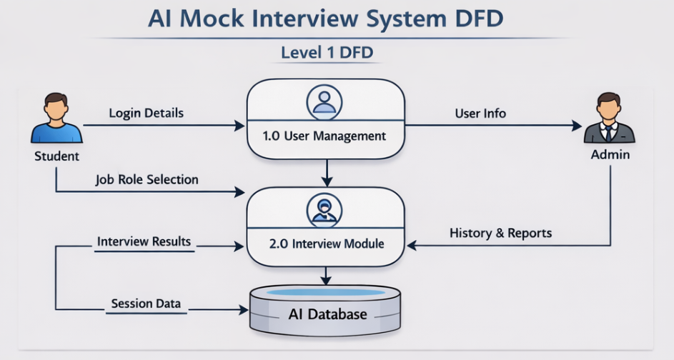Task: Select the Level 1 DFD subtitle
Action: tap(327, 53)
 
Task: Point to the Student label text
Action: tap(56, 156)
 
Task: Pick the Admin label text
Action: tap(610, 154)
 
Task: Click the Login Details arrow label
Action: tap(146, 113)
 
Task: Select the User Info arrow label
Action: tap(480, 113)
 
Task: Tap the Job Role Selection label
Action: tap(147, 179)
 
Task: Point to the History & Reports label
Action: tap(500, 233)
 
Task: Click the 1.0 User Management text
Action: tap(325, 136)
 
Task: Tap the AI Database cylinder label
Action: tap(328, 314)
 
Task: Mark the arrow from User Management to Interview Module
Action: tap(326, 172)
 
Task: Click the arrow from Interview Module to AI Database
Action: tap(326, 275)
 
